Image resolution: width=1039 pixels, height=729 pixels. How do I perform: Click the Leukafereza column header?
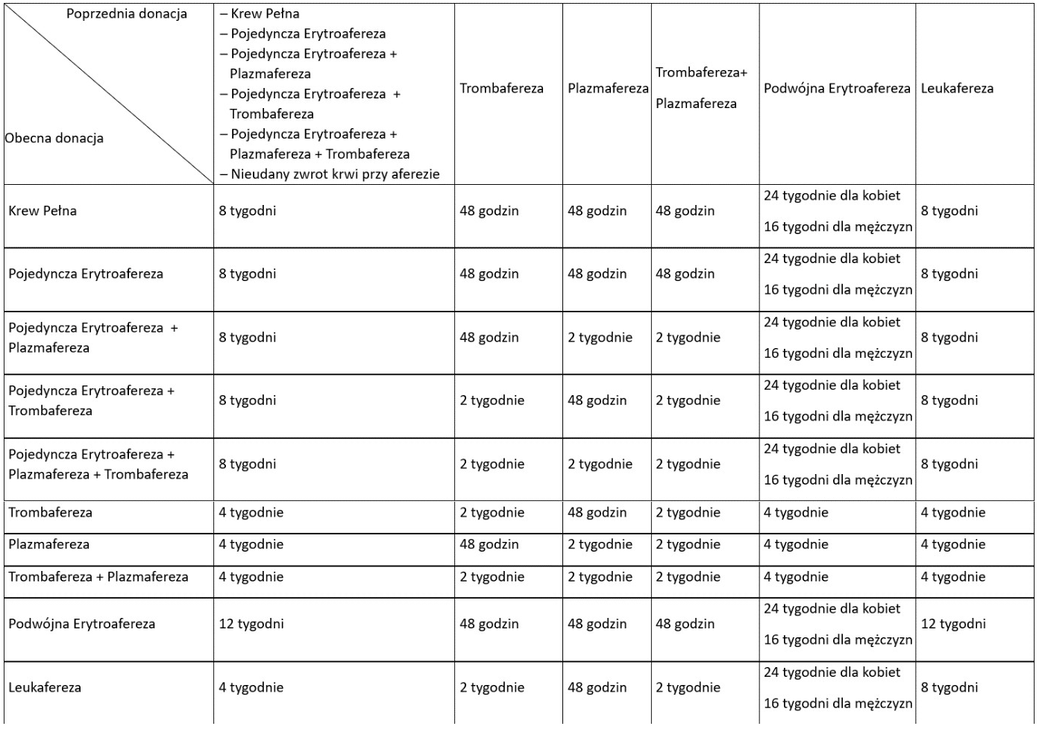point(957,89)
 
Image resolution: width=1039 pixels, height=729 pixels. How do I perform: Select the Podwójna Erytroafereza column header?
point(837,89)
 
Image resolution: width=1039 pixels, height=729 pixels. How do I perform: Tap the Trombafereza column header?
point(501,89)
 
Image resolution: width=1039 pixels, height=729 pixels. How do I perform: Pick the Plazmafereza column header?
point(608,89)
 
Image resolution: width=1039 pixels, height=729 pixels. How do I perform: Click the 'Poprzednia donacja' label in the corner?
point(127,14)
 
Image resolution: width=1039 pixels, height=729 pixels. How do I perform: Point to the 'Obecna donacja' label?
point(54,138)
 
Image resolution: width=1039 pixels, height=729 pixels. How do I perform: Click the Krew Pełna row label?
point(43,211)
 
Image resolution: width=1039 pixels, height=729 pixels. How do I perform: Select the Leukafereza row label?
point(45,688)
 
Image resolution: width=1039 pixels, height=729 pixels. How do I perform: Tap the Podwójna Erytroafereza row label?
point(82,624)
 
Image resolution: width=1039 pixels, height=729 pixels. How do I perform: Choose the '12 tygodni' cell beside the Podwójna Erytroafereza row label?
point(251,624)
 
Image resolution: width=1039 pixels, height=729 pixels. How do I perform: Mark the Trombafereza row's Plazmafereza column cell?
point(597,513)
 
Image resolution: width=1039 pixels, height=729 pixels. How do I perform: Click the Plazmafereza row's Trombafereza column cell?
point(489,545)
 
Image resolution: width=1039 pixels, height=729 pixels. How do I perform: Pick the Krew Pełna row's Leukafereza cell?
point(949,211)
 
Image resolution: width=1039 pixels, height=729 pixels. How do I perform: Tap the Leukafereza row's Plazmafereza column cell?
point(597,688)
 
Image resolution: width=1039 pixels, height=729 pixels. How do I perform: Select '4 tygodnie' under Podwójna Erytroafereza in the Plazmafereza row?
point(796,545)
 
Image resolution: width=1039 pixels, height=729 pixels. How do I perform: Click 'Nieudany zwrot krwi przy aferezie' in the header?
point(335,174)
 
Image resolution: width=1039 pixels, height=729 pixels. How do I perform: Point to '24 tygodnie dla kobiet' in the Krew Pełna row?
point(832,196)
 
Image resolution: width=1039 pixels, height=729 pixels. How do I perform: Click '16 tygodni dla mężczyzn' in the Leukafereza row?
point(838,704)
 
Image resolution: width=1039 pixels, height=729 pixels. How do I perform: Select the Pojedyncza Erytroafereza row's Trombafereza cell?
point(489,274)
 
